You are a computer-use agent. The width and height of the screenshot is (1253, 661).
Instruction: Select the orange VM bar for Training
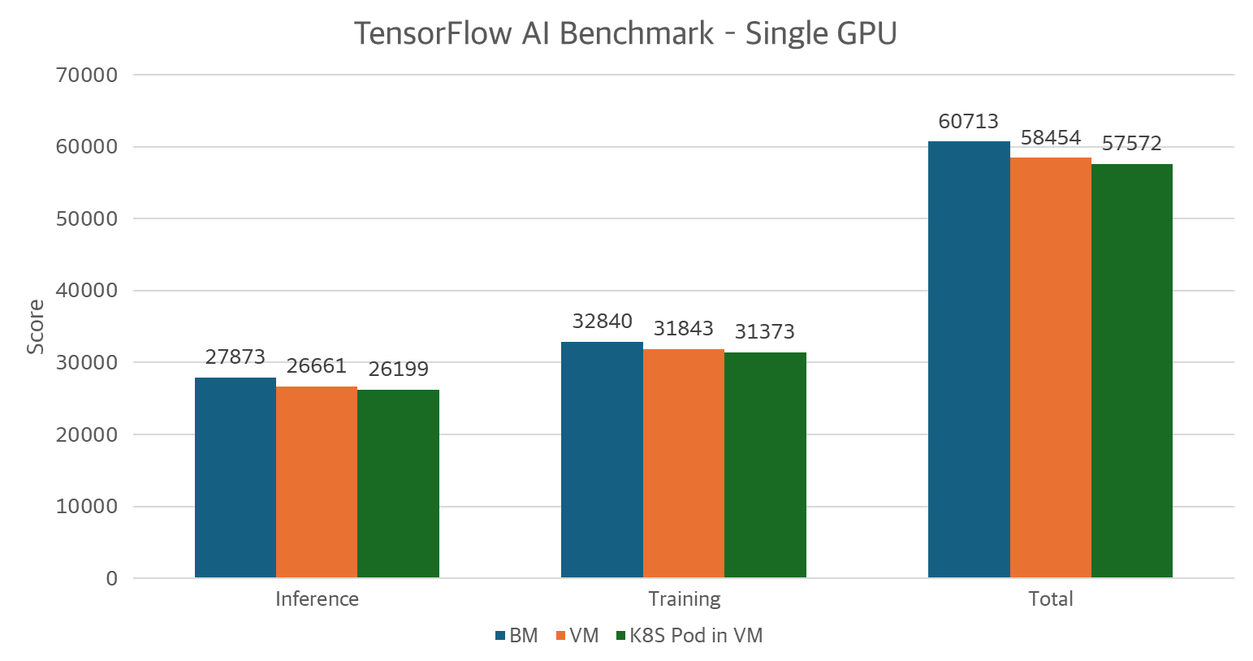pos(684,463)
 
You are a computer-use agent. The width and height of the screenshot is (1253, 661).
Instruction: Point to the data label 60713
pos(968,122)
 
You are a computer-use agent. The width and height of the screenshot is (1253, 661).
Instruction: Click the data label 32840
pos(602,322)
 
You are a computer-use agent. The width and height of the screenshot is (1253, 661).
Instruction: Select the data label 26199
pos(398,369)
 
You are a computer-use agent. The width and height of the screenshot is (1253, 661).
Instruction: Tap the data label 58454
pos(1050,138)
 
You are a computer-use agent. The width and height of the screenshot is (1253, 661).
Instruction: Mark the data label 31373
pos(764,332)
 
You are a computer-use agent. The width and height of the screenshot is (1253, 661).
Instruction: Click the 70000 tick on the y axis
pos(87,76)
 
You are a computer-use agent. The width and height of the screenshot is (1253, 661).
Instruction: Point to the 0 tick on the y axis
pos(111,579)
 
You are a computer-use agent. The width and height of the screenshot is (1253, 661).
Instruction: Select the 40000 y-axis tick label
pos(87,291)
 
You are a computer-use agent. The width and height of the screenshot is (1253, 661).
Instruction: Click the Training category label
pos(684,599)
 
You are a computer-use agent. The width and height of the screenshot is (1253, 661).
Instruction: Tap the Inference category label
pos(317,599)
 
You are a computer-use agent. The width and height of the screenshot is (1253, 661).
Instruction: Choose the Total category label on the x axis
pos(1051,599)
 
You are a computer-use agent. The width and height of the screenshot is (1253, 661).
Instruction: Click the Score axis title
pos(36,326)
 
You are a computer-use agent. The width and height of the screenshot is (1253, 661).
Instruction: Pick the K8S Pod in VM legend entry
pos(695,636)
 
